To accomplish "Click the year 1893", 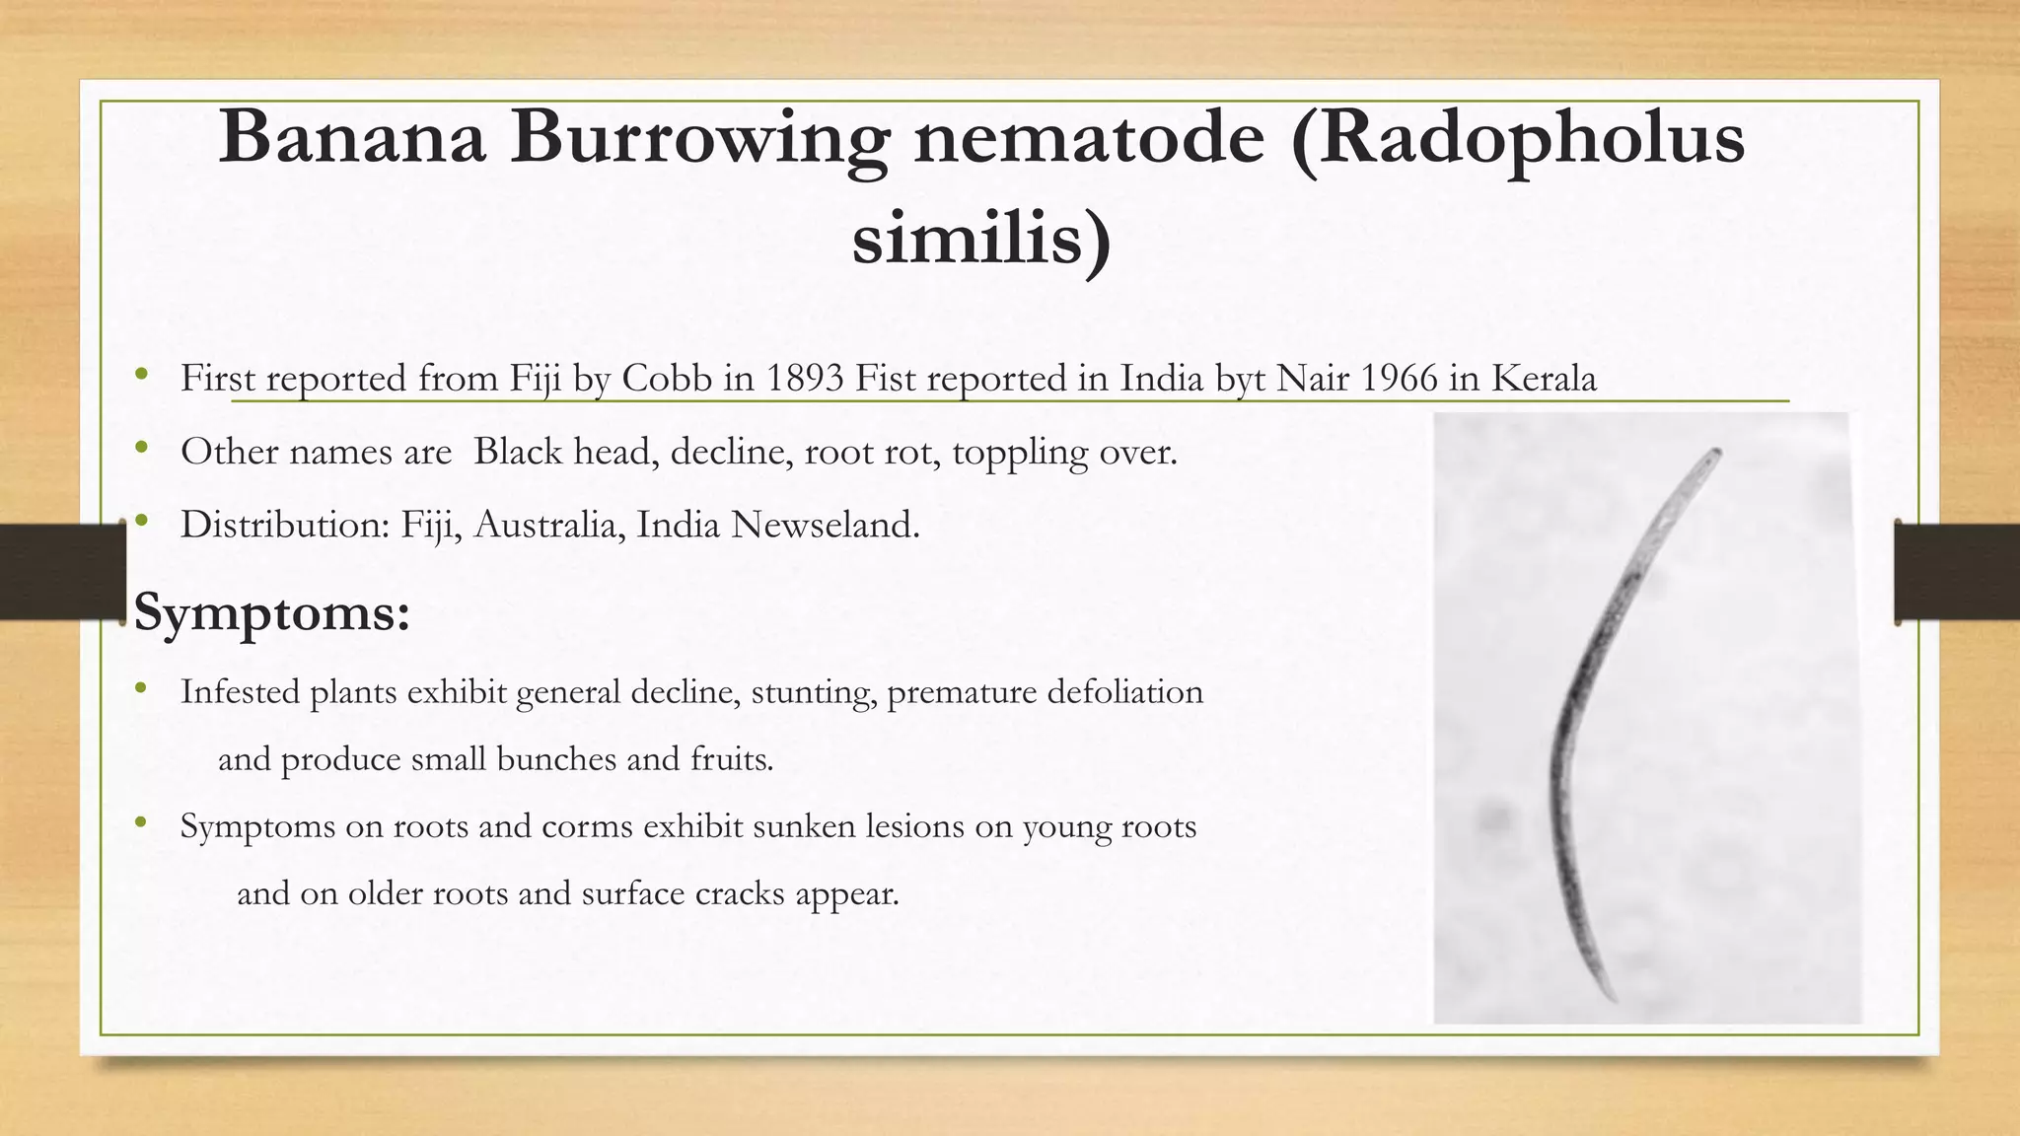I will (x=805, y=379).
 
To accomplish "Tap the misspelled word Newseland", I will (x=825, y=525).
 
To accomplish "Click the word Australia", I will (x=549, y=525).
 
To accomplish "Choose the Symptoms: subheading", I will (x=272, y=612).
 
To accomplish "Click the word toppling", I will (x=1020, y=453).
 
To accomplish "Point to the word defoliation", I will (x=1124, y=692).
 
